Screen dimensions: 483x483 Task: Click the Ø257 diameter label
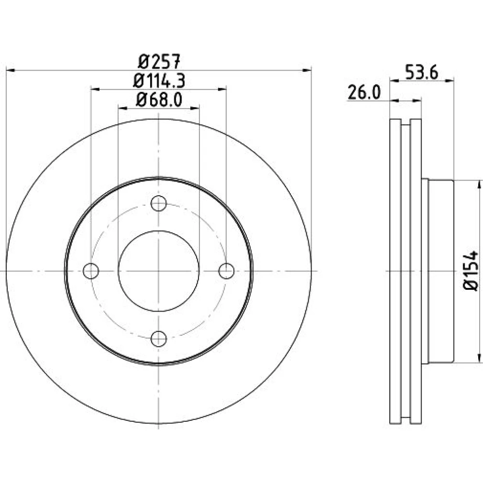(x=158, y=62)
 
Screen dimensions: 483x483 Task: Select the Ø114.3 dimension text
(x=159, y=81)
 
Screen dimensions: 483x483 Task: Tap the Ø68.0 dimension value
(x=159, y=100)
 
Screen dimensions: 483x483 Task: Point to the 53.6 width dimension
(x=421, y=73)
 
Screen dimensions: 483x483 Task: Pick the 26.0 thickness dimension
(x=364, y=92)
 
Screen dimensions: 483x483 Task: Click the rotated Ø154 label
(x=471, y=270)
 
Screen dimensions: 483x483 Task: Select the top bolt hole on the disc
(x=158, y=203)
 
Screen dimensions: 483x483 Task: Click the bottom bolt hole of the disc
(x=158, y=339)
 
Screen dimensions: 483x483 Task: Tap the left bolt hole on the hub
(x=91, y=271)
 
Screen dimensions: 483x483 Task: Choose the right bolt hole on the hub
(x=227, y=271)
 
